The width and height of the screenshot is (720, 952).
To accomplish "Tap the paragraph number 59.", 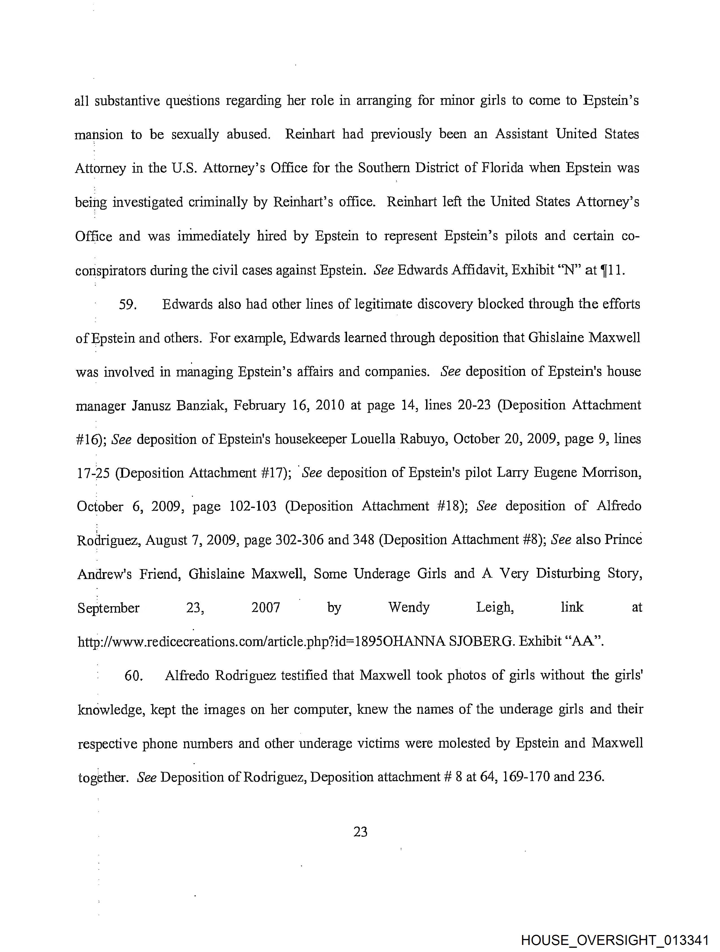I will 127,305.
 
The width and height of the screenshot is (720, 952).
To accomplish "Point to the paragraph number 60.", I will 133,676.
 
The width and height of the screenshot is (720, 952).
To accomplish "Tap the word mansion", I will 99,135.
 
